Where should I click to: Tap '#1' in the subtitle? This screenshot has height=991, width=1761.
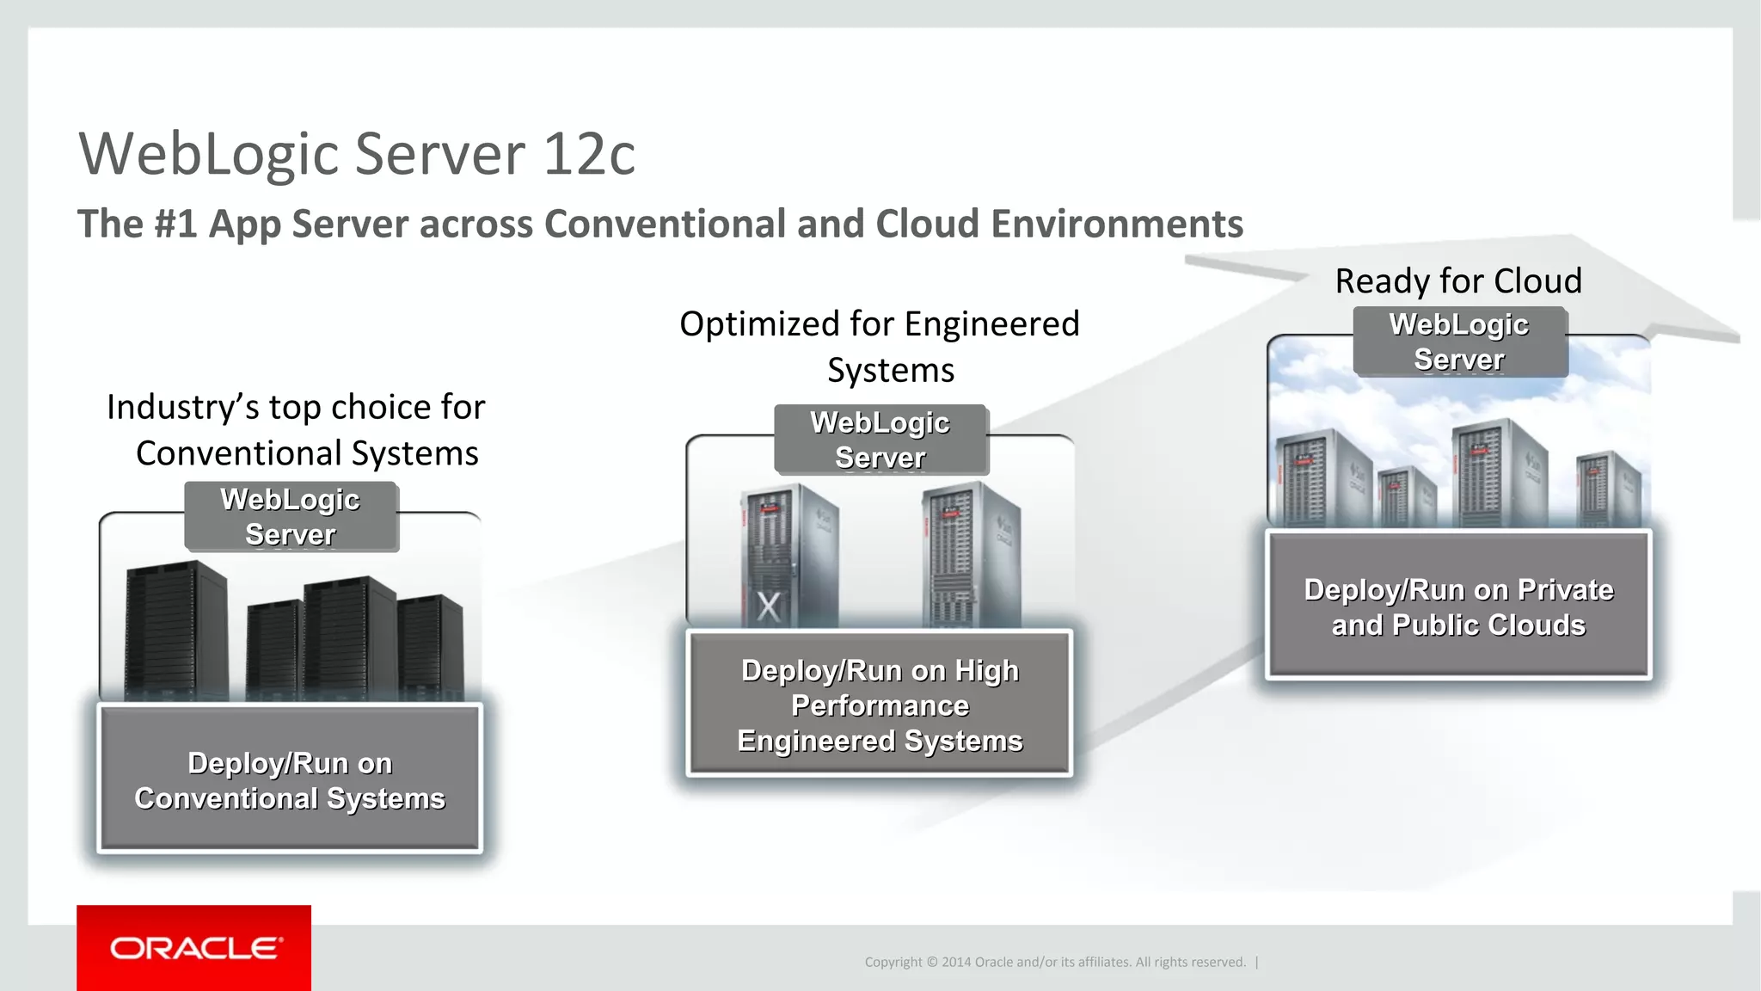175,225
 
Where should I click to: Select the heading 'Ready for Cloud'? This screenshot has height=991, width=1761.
1458,281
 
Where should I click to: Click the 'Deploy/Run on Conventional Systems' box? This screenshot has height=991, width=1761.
290,779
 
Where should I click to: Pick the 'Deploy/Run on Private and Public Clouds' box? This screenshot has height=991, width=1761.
1458,606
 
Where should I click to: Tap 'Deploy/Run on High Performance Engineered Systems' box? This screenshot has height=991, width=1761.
880,705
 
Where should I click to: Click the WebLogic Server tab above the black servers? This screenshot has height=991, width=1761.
291,516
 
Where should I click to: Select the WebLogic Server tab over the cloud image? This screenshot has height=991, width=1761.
1460,342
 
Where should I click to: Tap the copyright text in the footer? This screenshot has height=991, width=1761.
1055,962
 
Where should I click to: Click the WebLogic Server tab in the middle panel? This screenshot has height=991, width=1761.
880,440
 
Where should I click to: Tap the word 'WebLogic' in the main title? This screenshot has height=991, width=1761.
209,155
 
